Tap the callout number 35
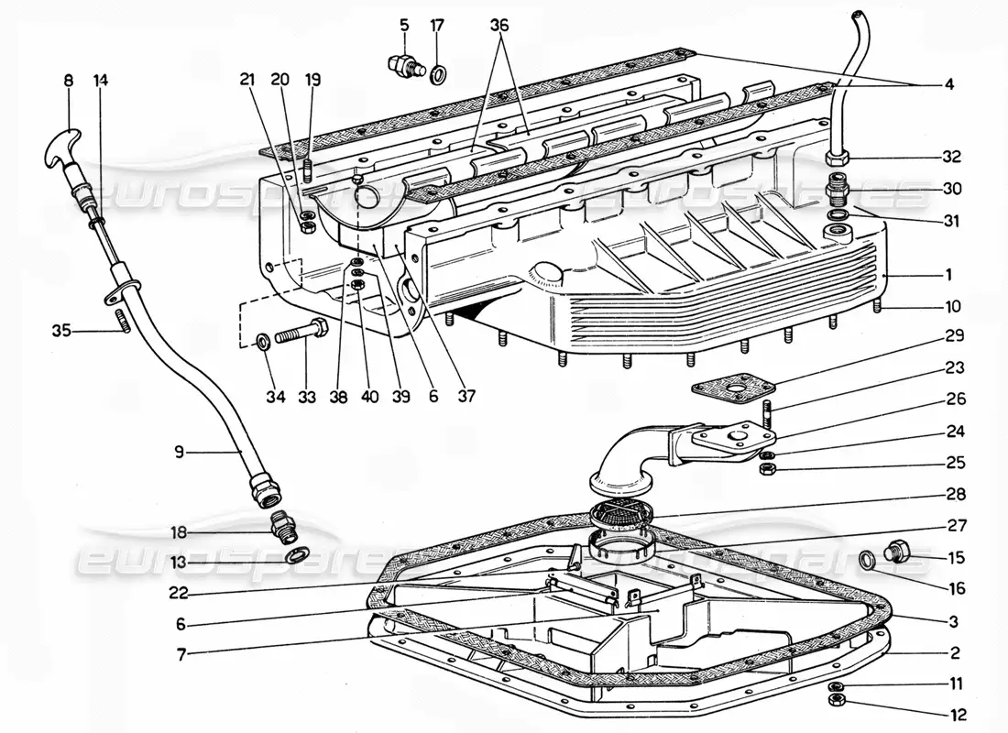click(62, 331)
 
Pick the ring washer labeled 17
click(439, 71)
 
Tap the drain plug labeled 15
click(897, 552)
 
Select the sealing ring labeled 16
click(866, 557)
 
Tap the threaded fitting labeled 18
click(283, 526)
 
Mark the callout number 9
click(180, 451)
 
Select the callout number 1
click(949, 274)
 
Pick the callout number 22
click(181, 592)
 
